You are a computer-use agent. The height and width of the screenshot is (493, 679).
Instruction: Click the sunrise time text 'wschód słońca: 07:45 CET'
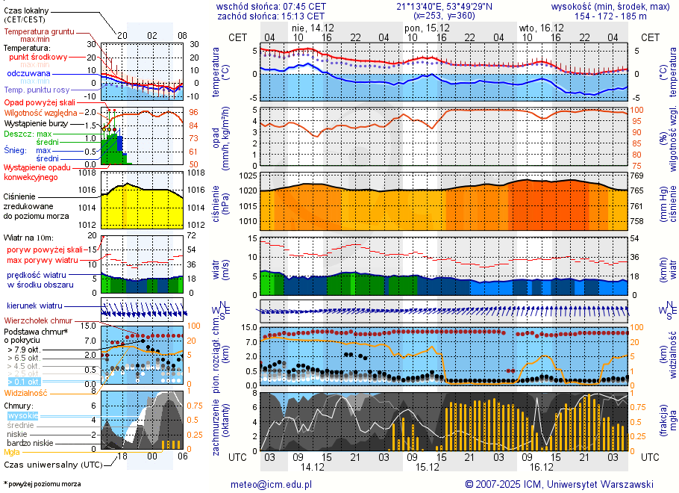point(271,6)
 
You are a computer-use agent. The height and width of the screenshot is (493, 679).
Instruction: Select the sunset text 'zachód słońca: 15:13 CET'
point(271,16)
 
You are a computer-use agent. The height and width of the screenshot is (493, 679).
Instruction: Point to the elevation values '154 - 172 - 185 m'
point(610,16)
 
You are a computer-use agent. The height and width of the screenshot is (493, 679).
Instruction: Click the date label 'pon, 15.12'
point(422,27)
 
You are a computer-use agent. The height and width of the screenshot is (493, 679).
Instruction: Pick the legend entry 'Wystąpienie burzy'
point(36,123)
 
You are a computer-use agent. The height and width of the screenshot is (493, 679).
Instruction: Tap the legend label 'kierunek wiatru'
point(34,306)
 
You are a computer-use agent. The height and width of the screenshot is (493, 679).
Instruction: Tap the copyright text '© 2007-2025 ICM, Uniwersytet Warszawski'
point(559,484)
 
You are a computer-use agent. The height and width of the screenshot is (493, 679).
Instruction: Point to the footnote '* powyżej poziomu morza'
point(42,484)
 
